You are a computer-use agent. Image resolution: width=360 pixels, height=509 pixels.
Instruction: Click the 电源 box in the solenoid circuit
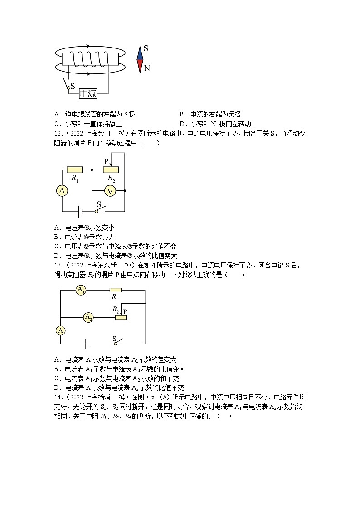click(x=88, y=93)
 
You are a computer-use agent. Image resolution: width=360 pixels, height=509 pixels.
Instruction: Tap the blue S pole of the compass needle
click(x=140, y=53)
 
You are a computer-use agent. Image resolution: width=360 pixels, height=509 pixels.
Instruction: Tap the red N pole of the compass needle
click(x=140, y=66)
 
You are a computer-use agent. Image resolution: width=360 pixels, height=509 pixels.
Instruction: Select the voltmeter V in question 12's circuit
click(x=110, y=191)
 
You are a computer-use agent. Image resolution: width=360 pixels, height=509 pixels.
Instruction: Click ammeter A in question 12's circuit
click(x=62, y=191)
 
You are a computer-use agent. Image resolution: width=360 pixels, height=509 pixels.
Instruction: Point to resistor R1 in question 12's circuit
click(x=74, y=170)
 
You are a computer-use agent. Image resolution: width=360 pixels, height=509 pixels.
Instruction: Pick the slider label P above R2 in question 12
click(x=107, y=161)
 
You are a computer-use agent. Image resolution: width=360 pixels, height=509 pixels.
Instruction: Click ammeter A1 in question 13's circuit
click(x=81, y=290)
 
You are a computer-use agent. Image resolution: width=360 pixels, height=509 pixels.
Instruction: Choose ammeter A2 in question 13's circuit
click(x=88, y=318)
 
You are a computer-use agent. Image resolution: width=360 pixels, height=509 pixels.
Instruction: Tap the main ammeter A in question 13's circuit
click(x=61, y=330)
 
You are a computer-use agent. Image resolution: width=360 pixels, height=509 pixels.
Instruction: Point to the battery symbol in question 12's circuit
click(x=79, y=211)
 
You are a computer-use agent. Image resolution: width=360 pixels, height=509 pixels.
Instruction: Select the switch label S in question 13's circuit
click(x=114, y=338)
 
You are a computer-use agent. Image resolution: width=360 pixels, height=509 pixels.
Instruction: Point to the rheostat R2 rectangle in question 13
click(x=121, y=318)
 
